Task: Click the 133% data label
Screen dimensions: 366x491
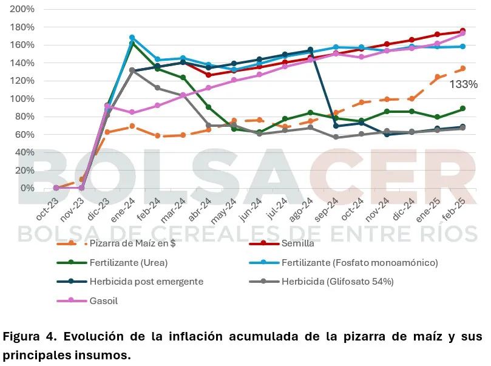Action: coord(463,84)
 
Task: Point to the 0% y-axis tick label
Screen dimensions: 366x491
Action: coord(27,188)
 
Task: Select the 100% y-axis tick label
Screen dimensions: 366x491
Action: coord(22,99)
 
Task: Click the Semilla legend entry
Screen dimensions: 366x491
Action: coord(297,244)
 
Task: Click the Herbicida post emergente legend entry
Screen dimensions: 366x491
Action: coord(145,282)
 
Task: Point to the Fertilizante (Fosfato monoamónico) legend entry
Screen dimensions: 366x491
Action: coord(360,263)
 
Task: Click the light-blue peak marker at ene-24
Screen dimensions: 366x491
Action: coord(132,38)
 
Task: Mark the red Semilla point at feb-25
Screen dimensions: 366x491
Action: coord(462,31)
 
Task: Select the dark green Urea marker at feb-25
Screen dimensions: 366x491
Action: coord(462,109)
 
